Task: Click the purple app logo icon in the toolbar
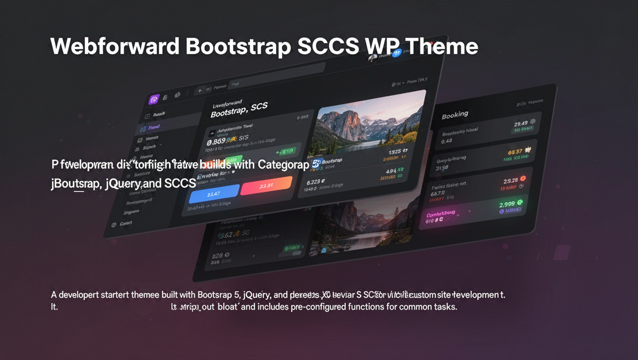tap(153, 99)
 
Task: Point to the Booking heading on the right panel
tap(455, 114)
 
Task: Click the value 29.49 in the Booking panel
tap(520, 124)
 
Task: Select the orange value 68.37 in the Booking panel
tap(515, 152)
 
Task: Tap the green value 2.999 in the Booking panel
tap(507, 204)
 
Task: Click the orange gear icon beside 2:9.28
tap(523, 179)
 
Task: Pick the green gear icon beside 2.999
tap(520, 202)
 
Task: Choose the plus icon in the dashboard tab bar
tap(199, 90)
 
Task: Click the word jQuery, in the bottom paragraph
tap(257, 295)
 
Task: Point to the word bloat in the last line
tap(228, 307)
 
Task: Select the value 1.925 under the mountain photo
tap(395, 152)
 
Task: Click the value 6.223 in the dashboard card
tap(315, 182)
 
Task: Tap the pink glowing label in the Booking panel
tap(441, 215)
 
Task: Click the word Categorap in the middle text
tap(283, 165)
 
